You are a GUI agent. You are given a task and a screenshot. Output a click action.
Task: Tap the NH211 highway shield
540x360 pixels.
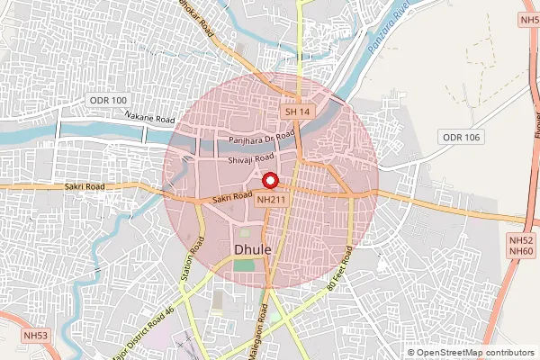272,200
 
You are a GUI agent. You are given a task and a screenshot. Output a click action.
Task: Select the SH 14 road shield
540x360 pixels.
297,112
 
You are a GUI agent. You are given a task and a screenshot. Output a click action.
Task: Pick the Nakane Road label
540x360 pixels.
149,116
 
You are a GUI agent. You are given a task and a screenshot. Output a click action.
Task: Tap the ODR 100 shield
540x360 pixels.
109,100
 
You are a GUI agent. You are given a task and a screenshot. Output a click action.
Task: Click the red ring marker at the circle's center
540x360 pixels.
268,180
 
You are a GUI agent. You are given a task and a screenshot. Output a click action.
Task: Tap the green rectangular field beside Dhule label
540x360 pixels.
243,265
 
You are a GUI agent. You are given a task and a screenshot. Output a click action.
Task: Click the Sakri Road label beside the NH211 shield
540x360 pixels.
231,197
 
